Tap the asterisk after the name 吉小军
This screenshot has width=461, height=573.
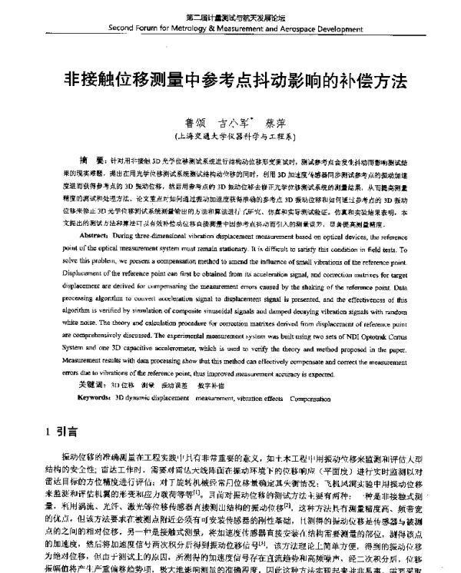248,119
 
